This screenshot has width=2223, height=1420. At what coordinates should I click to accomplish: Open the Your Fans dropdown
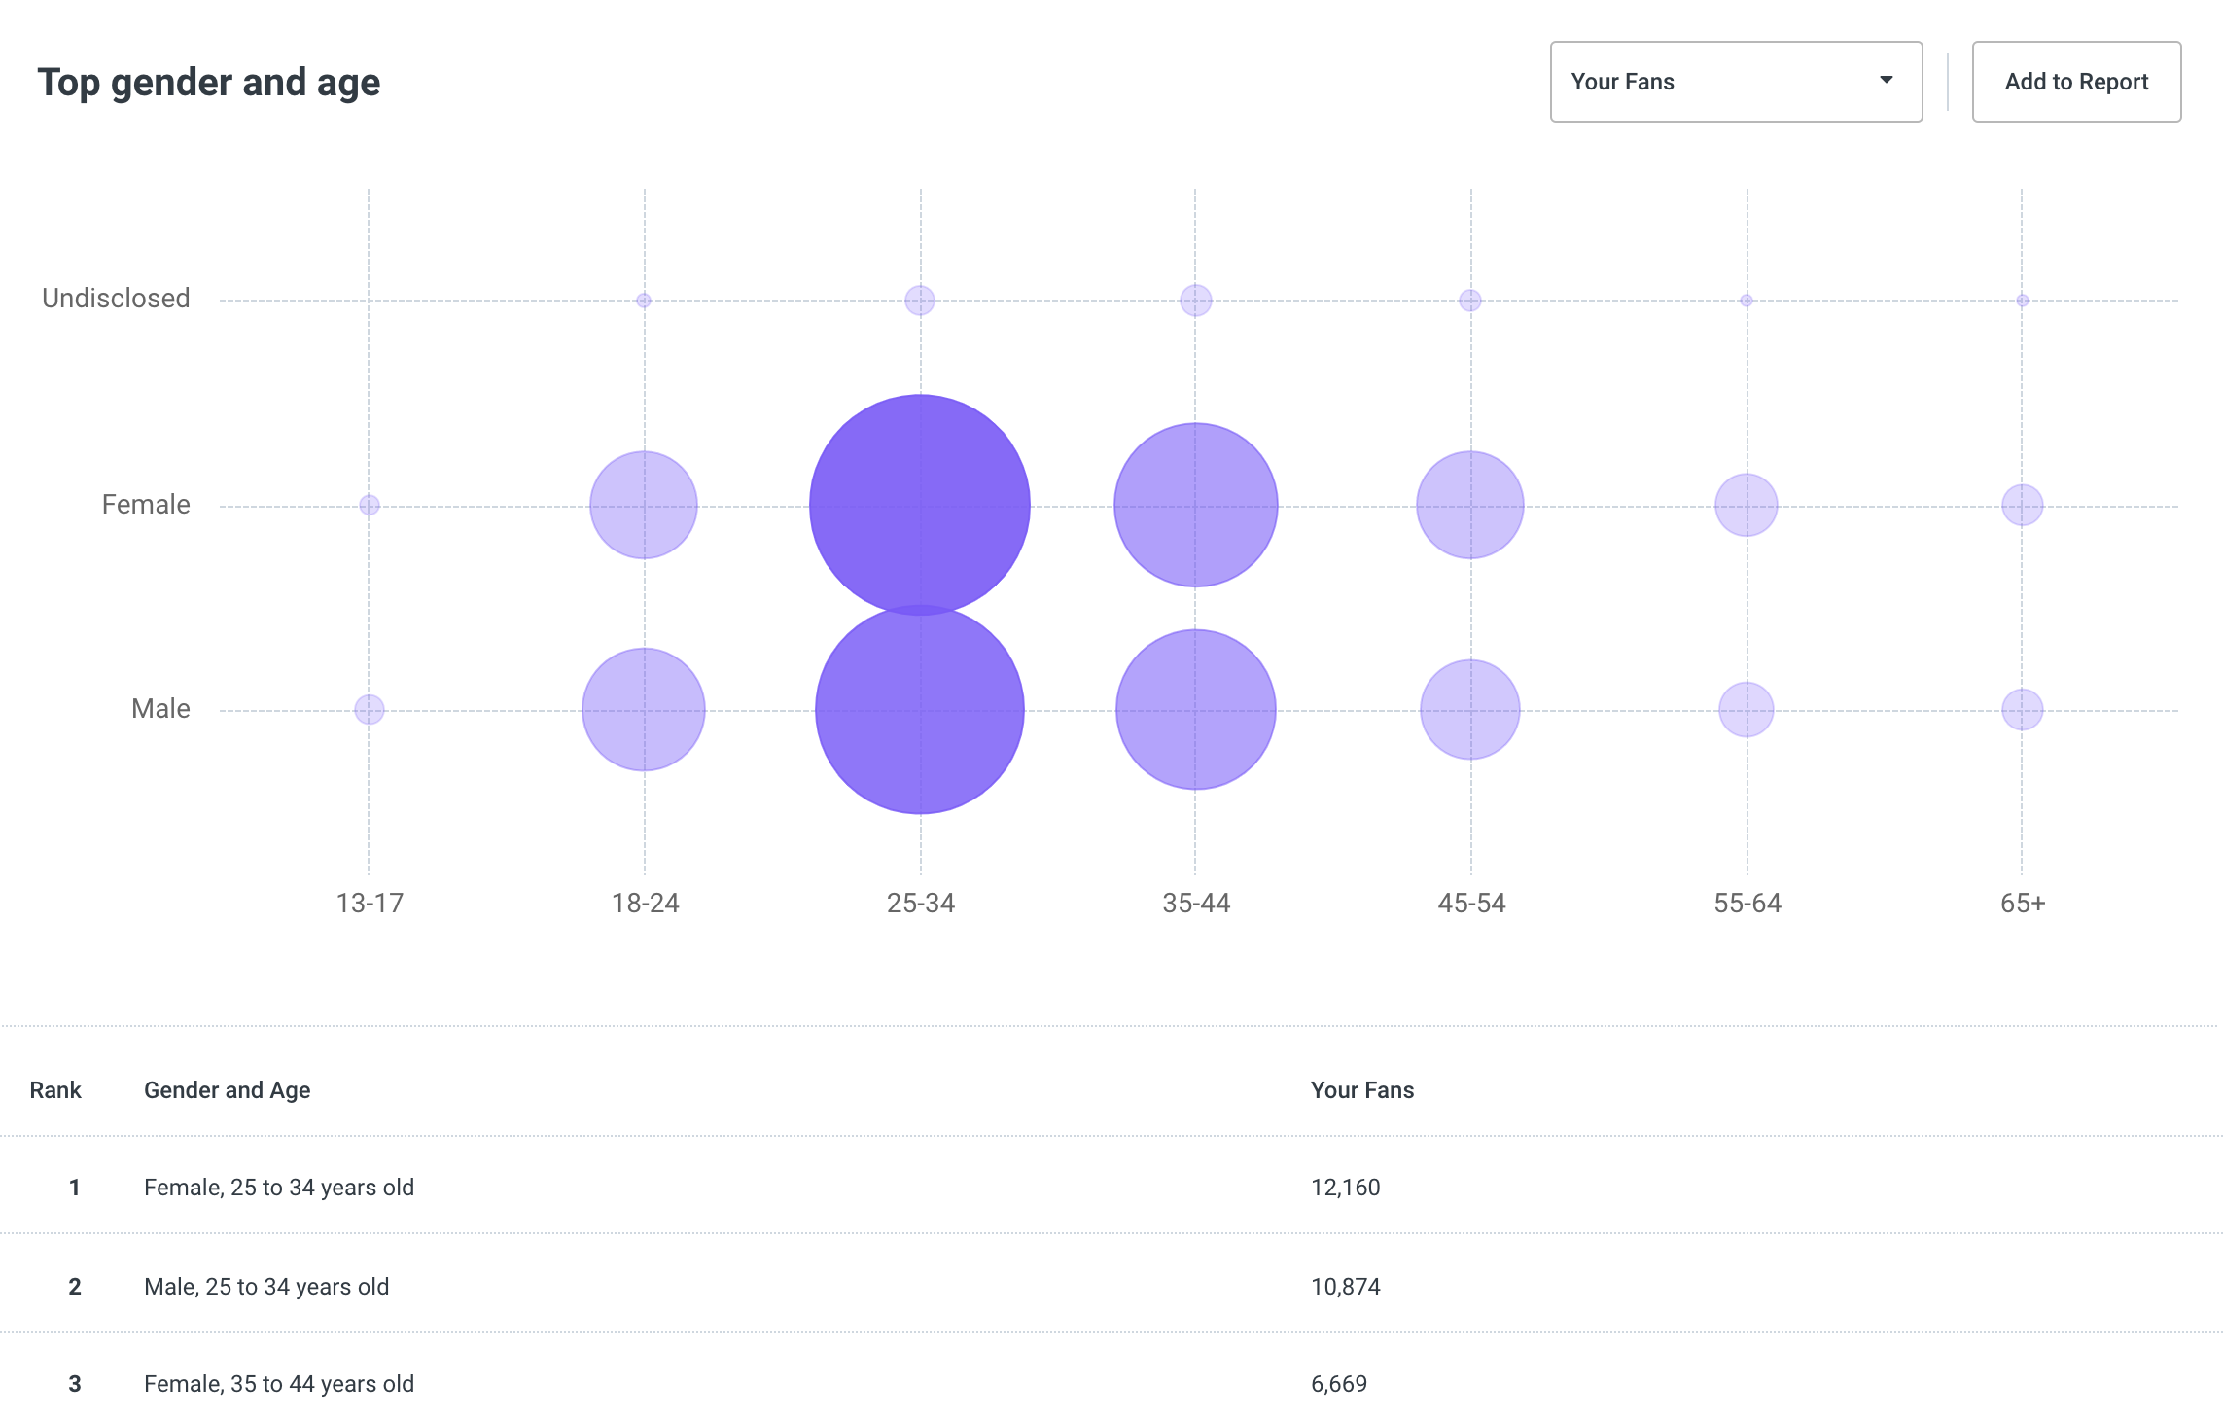pyautogui.click(x=1735, y=82)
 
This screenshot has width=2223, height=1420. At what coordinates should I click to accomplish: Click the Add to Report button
pyautogui.click(x=2075, y=82)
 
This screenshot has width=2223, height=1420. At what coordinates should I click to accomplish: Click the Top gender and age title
pyautogui.click(x=208, y=83)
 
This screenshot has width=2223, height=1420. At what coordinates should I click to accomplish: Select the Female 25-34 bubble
pyautogui.click(x=919, y=486)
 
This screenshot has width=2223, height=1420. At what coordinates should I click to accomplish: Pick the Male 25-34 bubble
pyautogui.click(x=919, y=720)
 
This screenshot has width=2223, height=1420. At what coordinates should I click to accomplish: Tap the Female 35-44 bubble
pyautogui.click(x=1195, y=505)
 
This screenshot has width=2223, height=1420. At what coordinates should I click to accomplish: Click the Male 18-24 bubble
pyautogui.click(x=644, y=709)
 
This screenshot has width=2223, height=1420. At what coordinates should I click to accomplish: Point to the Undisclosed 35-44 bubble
pyautogui.click(x=1195, y=301)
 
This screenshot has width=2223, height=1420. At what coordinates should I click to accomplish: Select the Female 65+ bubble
pyautogui.click(x=2022, y=505)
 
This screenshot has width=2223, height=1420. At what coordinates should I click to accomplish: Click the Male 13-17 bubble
pyautogui.click(x=370, y=709)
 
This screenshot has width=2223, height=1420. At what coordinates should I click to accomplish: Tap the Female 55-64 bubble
pyautogui.click(x=1746, y=505)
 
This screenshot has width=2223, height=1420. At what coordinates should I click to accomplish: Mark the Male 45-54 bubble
pyautogui.click(x=1469, y=709)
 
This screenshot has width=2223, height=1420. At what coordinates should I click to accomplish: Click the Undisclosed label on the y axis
pyautogui.click(x=116, y=299)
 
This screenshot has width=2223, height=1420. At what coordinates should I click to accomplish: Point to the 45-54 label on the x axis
pyautogui.click(x=1471, y=904)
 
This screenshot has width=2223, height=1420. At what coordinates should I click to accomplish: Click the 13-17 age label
pyautogui.click(x=370, y=904)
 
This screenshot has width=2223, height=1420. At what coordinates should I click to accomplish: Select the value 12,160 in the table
pyautogui.click(x=1345, y=1188)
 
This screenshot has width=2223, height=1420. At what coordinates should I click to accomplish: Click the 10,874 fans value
pyautogui.click(x=1345, y=1287)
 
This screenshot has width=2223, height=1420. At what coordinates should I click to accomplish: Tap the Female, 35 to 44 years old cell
pyautogui.click(x=279, y=1384)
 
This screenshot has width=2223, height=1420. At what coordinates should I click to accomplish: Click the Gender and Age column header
pyautogui.click(x=227, y=1090)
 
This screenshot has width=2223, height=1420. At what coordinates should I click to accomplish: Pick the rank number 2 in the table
pyautogui.click(x=75, y=1287)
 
